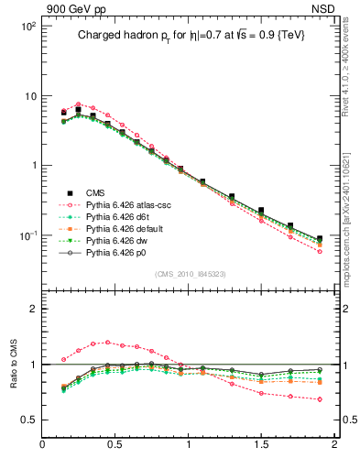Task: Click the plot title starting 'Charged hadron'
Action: pyautogui.click(x=191, y=35)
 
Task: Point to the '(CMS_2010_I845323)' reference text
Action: pyautogui.click(x=191, y=274)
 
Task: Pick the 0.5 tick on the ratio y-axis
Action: pyautogui.click(x=30, y=420)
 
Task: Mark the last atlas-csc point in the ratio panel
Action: pyautogui.click(x=319, y=399)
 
